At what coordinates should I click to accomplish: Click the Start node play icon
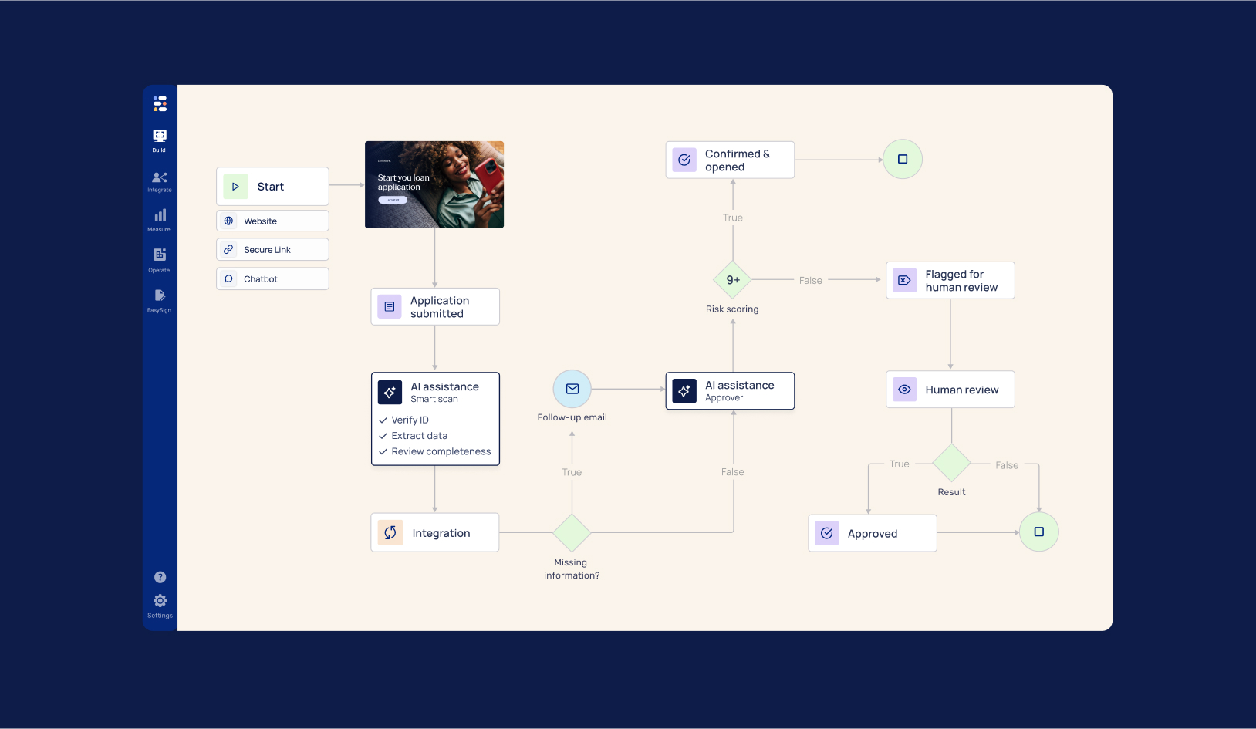tap(235, 187)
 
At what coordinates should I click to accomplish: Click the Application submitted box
tap(435, 307)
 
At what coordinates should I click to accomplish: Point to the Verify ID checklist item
tap(410, 420)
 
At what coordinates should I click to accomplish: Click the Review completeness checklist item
tap(441, 452)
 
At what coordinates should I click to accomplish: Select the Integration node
tap(435, 533)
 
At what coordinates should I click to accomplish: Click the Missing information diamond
tap(572, 533)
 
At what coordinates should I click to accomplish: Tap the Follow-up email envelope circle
tap(572, 390)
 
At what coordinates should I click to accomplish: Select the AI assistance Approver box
tap(730, 391)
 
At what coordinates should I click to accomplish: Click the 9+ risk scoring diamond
tap(733, 280)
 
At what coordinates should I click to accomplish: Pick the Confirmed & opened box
tap(730, 160)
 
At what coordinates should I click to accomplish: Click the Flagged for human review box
tap(950, 281)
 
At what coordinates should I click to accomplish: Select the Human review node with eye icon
tap(950, 390)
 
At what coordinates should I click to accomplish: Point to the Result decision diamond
tap(951, 464)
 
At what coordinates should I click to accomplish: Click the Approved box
tap(872, 534)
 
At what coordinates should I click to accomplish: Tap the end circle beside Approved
tap(1039, 532)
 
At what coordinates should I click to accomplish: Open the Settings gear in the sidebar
tap(160, 601)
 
